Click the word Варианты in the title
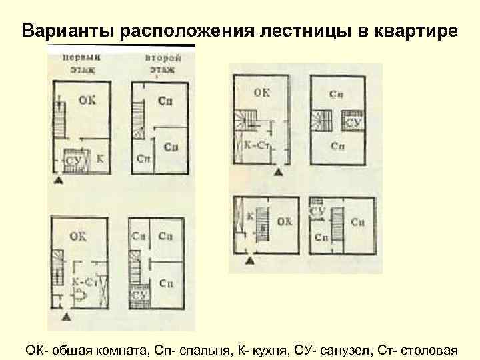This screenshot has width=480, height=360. point(57,31)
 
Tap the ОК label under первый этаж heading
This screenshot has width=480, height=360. point(87,100)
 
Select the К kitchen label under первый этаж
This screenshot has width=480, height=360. point(99,158)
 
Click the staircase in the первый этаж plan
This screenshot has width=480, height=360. point(59,120)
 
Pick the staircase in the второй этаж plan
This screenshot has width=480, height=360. point(139,120)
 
